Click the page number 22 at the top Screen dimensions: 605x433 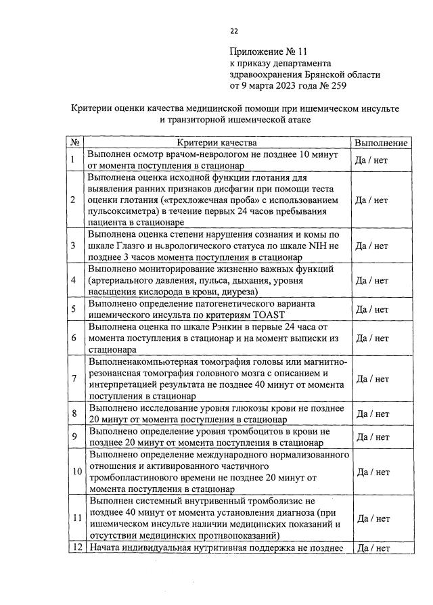pyautogui.click(x=233, y=31)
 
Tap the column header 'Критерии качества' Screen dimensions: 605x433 pyautogui.click(x=216, y=143)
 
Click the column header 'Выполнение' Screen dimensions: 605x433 pyautogui.click(x=380, y=143)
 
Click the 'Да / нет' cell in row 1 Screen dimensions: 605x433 pyautogui.click(x=372, y=160)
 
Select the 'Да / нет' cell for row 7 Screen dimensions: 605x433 pyautogui.click(x=372, y=378)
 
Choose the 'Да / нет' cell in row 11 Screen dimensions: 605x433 pyautogui.click(x=372, y=518)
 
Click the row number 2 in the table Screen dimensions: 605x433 pyautogui.click(x=73, y=200)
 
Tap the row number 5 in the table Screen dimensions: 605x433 pyautogui.click(x=73, y=309)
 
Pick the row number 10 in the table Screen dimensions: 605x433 pyautogui.click(x=74, y=471)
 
